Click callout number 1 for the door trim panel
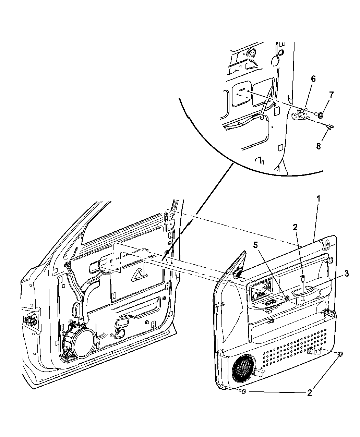[318, 198]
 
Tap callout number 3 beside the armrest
[346, 273]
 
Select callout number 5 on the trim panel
[255, 245]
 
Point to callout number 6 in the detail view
[313, 79]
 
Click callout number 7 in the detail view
[331, 95]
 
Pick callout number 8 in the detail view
[318, 146]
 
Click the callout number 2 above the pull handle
[295, 227]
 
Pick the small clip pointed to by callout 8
[330, 127]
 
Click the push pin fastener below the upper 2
[302, 277]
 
